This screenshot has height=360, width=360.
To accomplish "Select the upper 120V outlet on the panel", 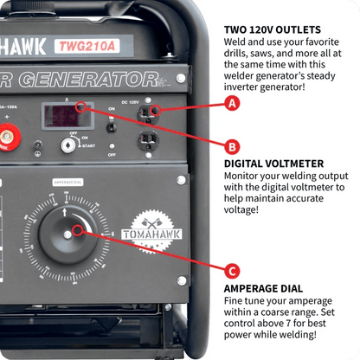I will [151, 112].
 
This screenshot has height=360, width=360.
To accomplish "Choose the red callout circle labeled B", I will [231, 146].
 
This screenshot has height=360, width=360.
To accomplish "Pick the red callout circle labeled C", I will [231, 268].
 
